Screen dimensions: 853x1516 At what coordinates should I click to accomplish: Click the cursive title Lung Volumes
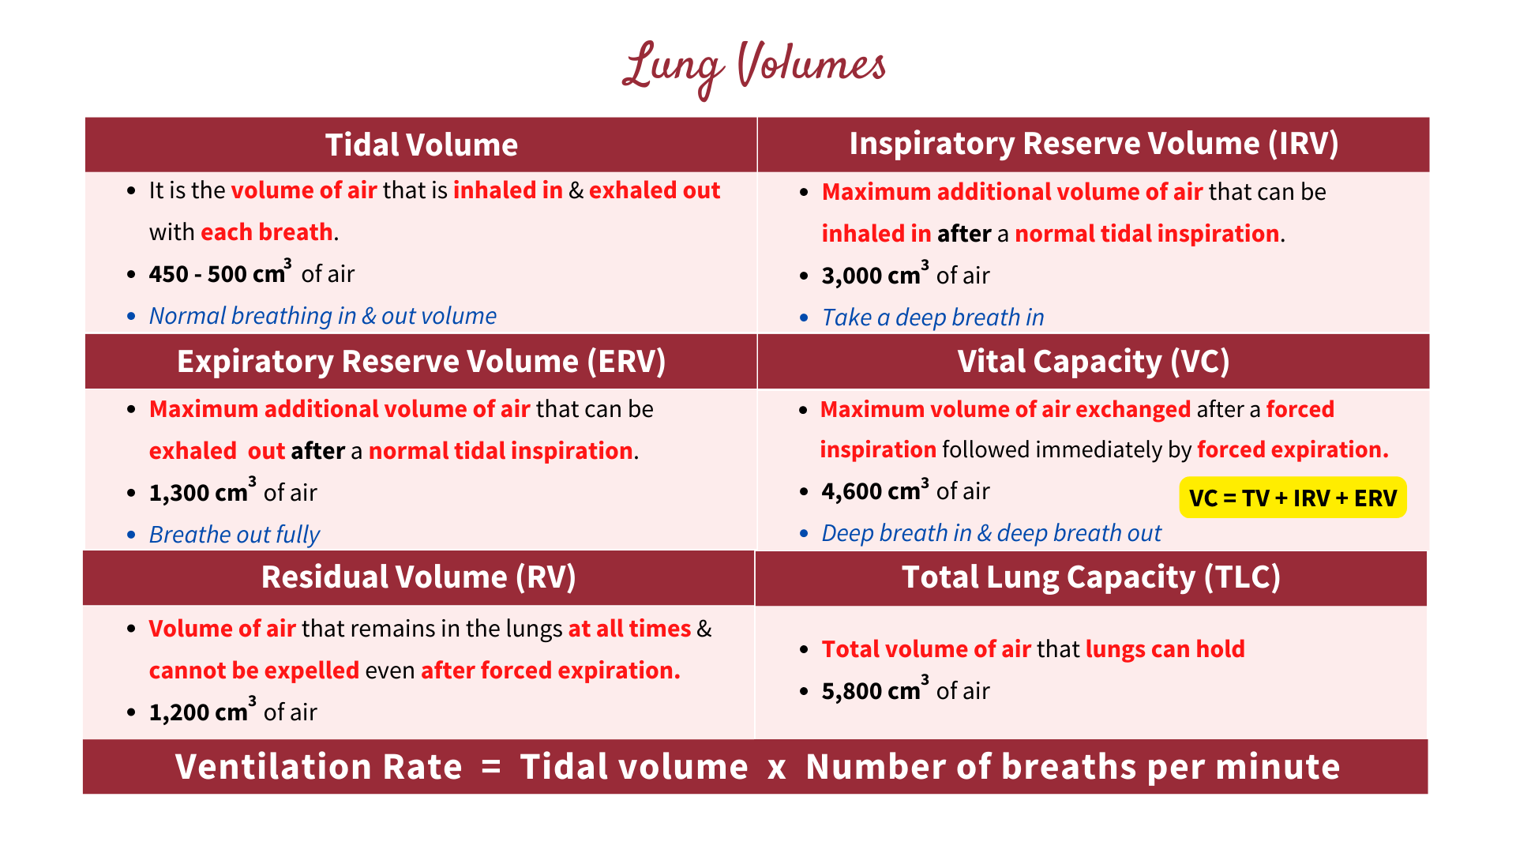[x=754, y=66]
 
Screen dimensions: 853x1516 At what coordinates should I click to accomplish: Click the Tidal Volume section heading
[x=421, y=145]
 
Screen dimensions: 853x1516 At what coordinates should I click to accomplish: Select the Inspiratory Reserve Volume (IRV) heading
[x=1094, y=144]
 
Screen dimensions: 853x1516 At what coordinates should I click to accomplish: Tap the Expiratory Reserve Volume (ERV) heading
[x=421, y=362]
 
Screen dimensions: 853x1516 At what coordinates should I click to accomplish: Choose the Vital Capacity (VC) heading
[x=1094, y=362]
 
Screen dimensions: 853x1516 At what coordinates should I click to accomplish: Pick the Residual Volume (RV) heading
[x=418, y=577]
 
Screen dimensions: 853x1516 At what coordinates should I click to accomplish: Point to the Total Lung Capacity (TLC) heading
[x=1090, y=577]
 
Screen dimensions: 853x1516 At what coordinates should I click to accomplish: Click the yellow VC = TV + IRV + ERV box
[x=1293, y=498]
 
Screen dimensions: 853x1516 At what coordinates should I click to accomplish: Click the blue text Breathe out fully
[x=235, y=535]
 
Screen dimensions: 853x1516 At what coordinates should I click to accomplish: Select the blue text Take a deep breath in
[x=932, y=318]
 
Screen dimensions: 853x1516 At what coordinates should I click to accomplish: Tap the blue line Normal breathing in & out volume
[x=322, y=316]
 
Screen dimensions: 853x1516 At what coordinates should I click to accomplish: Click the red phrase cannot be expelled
[x=253, y=671]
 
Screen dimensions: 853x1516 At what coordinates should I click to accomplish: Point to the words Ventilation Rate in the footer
[x=319, y=767]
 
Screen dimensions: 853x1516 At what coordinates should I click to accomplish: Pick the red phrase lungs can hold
[x=1165, y=649]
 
